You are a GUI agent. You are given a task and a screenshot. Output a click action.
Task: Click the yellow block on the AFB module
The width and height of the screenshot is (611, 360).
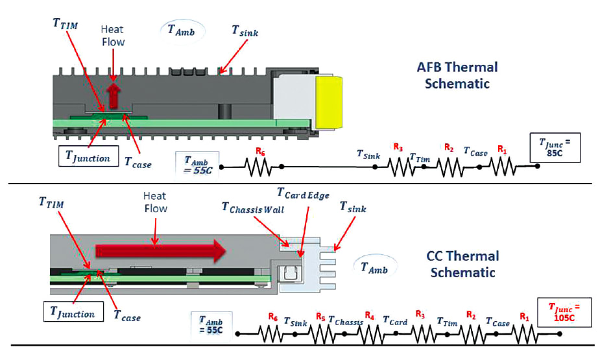[x=332, y=100]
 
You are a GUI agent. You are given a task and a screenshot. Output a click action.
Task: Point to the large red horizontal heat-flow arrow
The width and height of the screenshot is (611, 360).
[x=160, y=250]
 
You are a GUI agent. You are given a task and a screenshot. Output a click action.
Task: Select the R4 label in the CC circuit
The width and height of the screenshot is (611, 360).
[x=369, y=316]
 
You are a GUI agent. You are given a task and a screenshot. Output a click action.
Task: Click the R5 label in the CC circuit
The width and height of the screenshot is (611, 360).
[x=320, y=316]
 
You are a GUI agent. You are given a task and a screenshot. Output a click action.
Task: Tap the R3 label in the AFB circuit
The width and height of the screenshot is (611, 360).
[x=398, y=148]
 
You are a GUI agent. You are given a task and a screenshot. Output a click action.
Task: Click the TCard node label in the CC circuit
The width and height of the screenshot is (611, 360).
[x=394, y=320]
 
